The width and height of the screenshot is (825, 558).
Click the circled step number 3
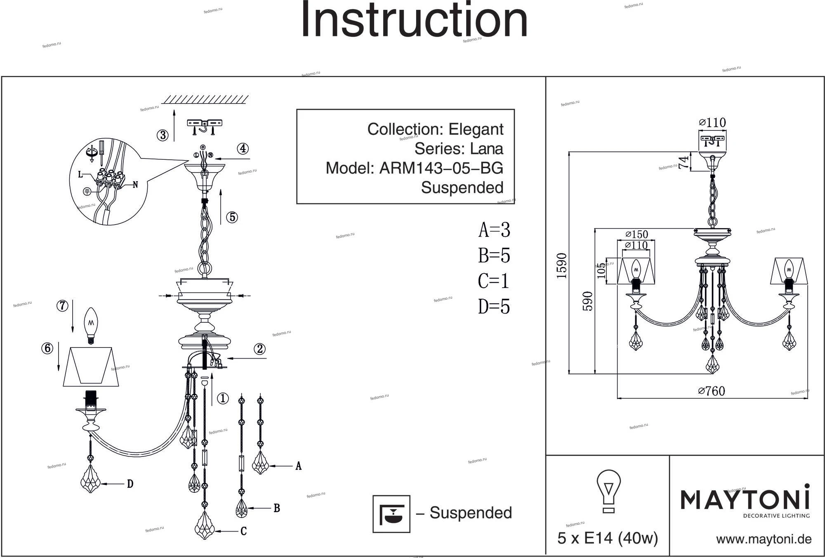tap(163, 135)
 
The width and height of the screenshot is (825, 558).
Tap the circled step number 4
tap(243, 149)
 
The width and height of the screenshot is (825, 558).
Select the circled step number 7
tap(62, 306)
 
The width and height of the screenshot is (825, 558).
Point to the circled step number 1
tap(223, 398)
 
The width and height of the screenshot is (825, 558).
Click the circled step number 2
tap(260, 349)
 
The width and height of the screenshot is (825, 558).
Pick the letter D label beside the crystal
tap(130, 484)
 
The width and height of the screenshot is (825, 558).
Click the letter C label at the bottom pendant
tap(243, 531)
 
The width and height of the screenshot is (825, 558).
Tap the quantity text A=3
tap(494, 230)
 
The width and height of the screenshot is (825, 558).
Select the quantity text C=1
tap(494, 281)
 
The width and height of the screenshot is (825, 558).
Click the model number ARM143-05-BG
tap(441, 168)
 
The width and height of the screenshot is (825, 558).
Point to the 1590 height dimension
tap(562, 265)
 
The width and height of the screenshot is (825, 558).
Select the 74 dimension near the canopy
tap(684, 162)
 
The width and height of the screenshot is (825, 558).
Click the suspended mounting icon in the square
tap(391, 514)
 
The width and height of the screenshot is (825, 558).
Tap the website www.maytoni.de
tap(764, 539)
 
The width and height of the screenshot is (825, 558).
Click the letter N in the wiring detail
tap(135, 185)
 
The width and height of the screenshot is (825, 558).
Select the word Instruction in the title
tap(414, 20)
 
